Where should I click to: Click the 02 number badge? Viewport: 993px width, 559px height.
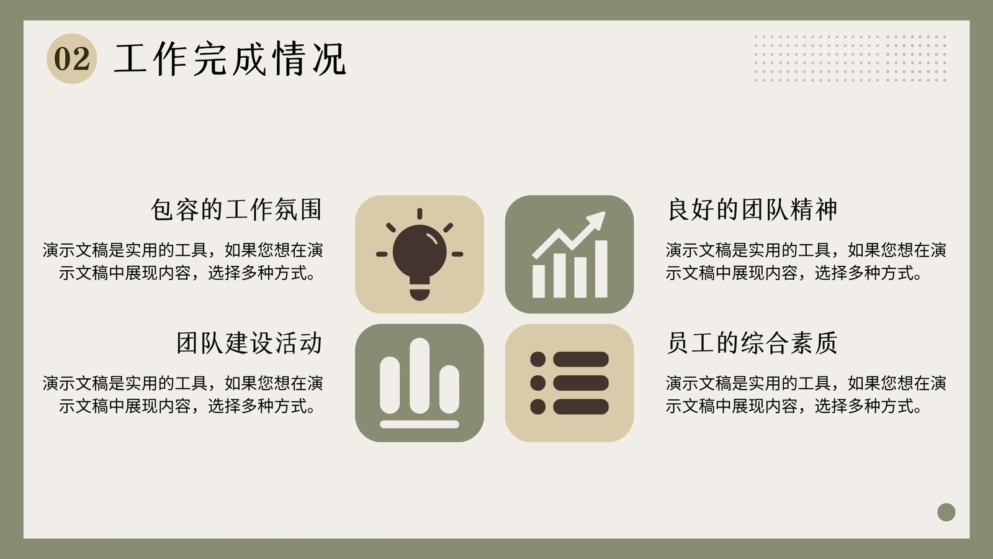71,58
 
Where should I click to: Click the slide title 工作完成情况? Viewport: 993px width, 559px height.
230,58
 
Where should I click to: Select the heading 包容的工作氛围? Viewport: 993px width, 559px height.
236,209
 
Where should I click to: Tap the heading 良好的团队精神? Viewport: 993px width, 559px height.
752,209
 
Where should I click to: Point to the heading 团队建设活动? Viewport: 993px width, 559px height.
249,342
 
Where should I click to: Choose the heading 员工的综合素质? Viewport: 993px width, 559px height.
752,342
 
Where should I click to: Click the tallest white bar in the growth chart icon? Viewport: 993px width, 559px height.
601,269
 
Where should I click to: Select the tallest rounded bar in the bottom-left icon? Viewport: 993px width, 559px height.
420,376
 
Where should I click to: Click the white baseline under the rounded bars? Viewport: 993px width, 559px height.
420,424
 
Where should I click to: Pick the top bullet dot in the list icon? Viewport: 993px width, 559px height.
537,360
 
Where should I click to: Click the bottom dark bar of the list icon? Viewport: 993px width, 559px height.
581,407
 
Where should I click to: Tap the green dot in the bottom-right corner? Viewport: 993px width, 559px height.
946,512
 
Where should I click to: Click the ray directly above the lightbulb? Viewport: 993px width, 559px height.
420,214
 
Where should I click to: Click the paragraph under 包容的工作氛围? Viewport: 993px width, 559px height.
182,261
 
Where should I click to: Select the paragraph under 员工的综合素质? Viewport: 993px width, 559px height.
806,394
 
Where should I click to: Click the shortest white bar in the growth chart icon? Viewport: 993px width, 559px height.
539,281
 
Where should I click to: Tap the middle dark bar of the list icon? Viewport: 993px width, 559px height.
581,383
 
